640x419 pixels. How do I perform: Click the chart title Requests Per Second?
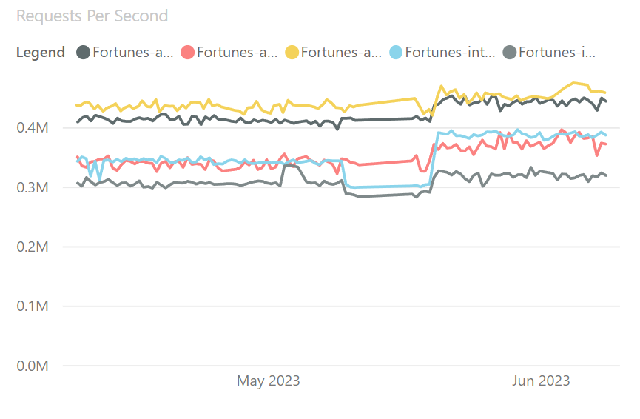coord(92,16)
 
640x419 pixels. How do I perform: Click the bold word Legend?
coord(40,53)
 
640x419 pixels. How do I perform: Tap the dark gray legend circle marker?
coord(84,53)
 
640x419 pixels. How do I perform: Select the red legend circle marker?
coord(187,53)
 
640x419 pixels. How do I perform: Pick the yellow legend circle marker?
coord(292,53)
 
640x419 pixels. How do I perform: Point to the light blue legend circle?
coord(396,53)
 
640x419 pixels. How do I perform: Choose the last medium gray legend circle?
coord(509,53)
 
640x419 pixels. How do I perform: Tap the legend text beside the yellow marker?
coord(342,53)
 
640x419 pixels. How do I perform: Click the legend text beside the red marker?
coord(238,53)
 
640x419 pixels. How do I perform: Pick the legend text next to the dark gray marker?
coord(133,53)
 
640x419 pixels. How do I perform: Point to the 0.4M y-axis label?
coord(33,128)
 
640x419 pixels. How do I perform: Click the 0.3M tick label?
coord(33,188)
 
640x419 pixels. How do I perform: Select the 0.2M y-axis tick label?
coord(33,247)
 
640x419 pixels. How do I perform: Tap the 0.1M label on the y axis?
coord(33,306)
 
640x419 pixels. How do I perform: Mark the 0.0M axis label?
coord(33,366)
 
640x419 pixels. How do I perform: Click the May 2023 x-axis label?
coord(268,381)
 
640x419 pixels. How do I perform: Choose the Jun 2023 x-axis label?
coord(542,381)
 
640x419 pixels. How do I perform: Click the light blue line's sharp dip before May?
coord(100,179)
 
